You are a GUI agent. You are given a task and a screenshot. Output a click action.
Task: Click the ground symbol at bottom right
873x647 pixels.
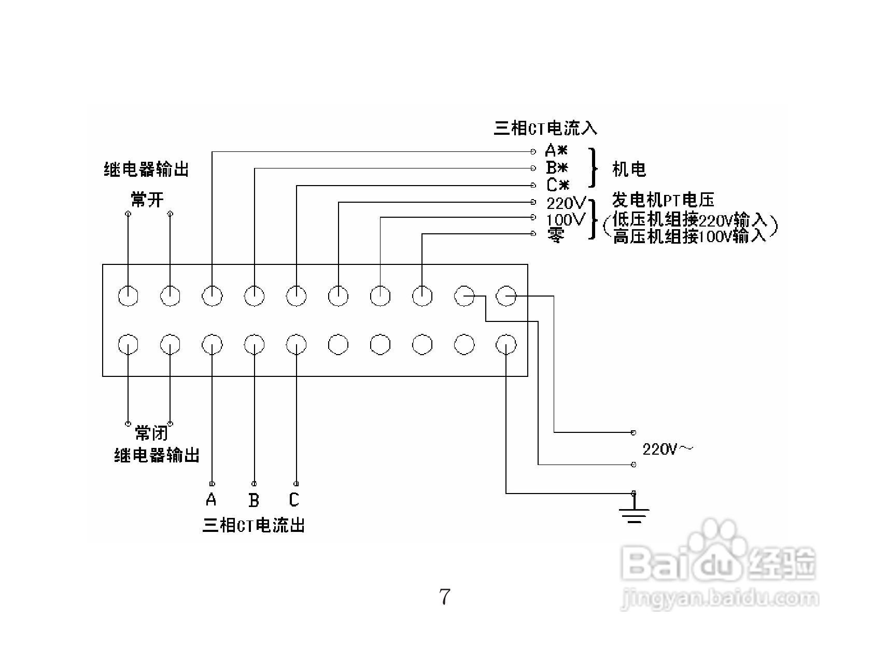(x=633, y=511)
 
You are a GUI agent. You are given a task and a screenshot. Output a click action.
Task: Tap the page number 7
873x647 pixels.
(x=445, y=597)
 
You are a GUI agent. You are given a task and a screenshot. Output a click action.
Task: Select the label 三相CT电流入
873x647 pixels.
(x=545, y=128)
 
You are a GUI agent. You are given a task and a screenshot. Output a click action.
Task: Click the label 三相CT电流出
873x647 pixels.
(x=253, y=525)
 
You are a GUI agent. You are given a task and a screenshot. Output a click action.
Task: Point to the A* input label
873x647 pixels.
(x=556, y=151)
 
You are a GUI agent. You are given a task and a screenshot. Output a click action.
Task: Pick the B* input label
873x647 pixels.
(x=557, y=168)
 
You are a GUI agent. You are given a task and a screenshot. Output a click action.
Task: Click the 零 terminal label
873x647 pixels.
(x=554, y=236)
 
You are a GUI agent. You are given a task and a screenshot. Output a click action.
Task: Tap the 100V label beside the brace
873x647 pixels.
(x=566, y=219)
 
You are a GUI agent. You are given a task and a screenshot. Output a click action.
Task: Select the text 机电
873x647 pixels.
(x=629, y=169)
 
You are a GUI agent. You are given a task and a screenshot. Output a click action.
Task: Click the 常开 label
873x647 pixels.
(x=147, y=200)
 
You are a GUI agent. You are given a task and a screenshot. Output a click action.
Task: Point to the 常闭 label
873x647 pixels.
(x=151, y=433)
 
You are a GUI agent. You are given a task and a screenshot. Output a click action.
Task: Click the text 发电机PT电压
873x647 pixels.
(x=663, y=200)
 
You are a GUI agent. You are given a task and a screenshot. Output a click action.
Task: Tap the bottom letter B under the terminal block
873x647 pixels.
(x=254, y=500)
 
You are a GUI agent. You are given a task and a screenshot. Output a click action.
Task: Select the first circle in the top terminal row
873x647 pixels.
(x=128, y=296)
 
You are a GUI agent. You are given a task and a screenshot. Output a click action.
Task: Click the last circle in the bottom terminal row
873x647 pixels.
(x=506, y=344)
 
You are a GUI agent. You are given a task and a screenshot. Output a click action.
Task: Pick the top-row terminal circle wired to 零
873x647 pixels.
(x=422, y=296)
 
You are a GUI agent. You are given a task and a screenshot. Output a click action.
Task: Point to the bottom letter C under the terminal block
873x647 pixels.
(x=294, y=500)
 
